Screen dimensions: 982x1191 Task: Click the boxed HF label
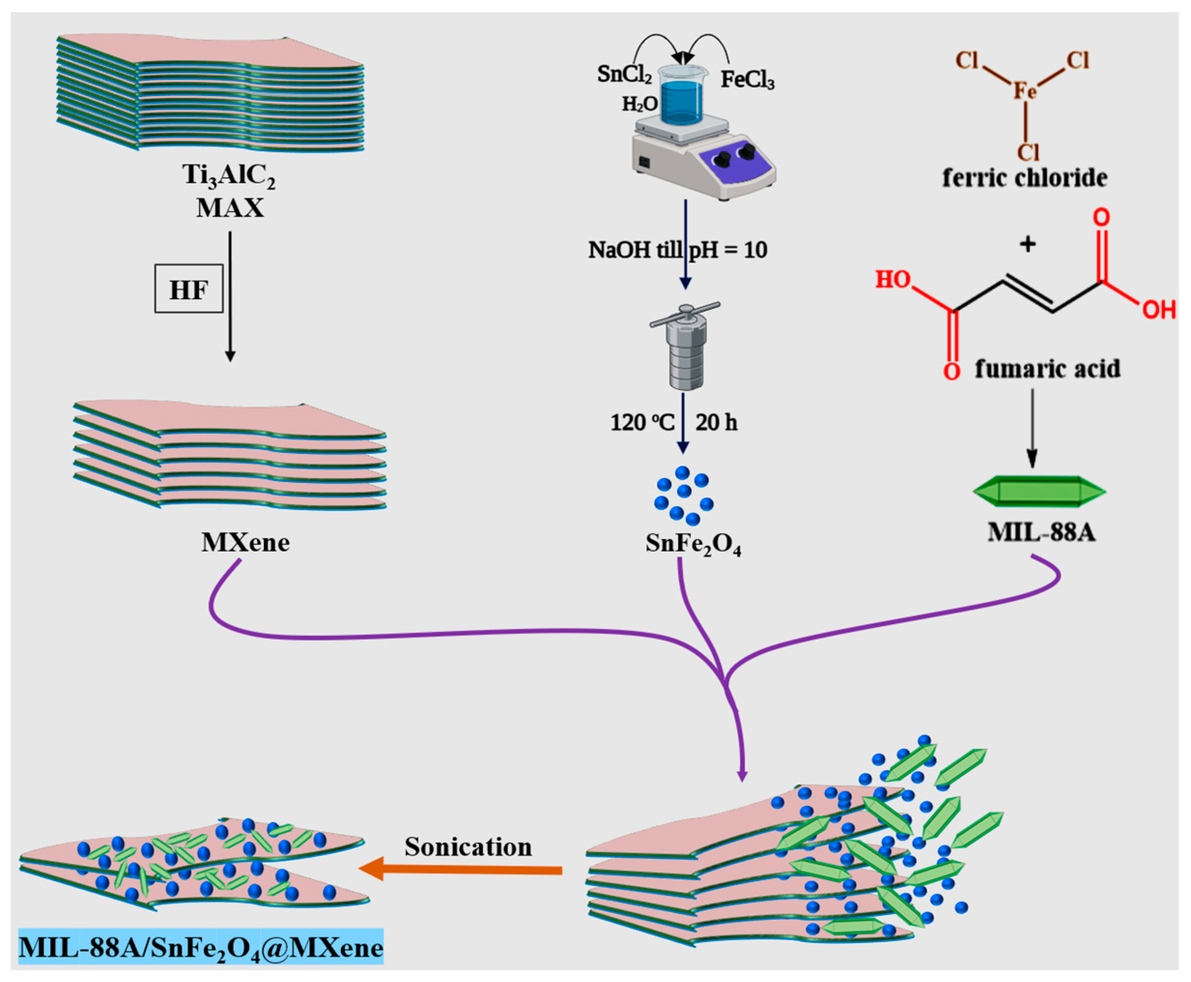[188, 291]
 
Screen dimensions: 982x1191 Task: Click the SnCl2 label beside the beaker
[624, 74]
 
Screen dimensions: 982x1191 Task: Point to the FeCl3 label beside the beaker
[747, 80]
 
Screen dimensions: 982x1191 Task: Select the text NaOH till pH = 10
[677, 250]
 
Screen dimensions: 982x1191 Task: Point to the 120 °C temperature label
[642, 422]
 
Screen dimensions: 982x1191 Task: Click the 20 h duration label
[716, 422]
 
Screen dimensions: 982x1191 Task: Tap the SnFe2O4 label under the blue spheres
[693, 544]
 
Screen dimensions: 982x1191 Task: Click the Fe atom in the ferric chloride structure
[1024, 90]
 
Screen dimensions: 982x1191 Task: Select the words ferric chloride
[1024, 178]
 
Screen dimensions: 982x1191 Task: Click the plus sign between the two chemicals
[1027, 244]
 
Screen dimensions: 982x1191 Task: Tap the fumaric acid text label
[1047, 369]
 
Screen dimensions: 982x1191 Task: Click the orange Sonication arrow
[461, 870]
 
